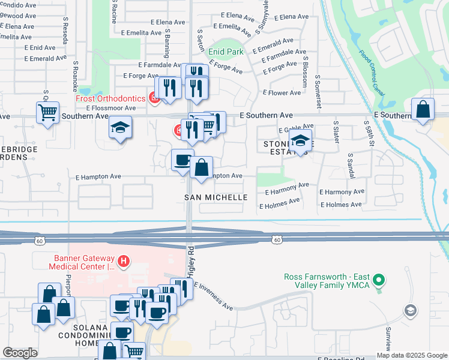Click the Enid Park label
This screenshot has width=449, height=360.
(x=226, y=52)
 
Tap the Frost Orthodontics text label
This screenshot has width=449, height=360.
(x=110, y=98)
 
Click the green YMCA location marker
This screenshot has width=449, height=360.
(x=379, y=280)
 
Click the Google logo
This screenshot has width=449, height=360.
(x=20, y=353)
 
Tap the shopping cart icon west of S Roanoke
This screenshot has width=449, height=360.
(x=47, y=112)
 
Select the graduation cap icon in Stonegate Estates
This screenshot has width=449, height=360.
(x=300, y=141)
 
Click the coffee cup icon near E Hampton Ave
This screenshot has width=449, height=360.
(x=182, y=160)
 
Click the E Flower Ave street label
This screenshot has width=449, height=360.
(x=282, y=93)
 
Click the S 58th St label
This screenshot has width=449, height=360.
(x=369, y=135)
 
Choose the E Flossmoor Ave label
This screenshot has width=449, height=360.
(x=110, y=108)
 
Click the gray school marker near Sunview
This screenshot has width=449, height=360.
(x=410, y=310)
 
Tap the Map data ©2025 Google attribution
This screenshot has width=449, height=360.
(x=411, y=355)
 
